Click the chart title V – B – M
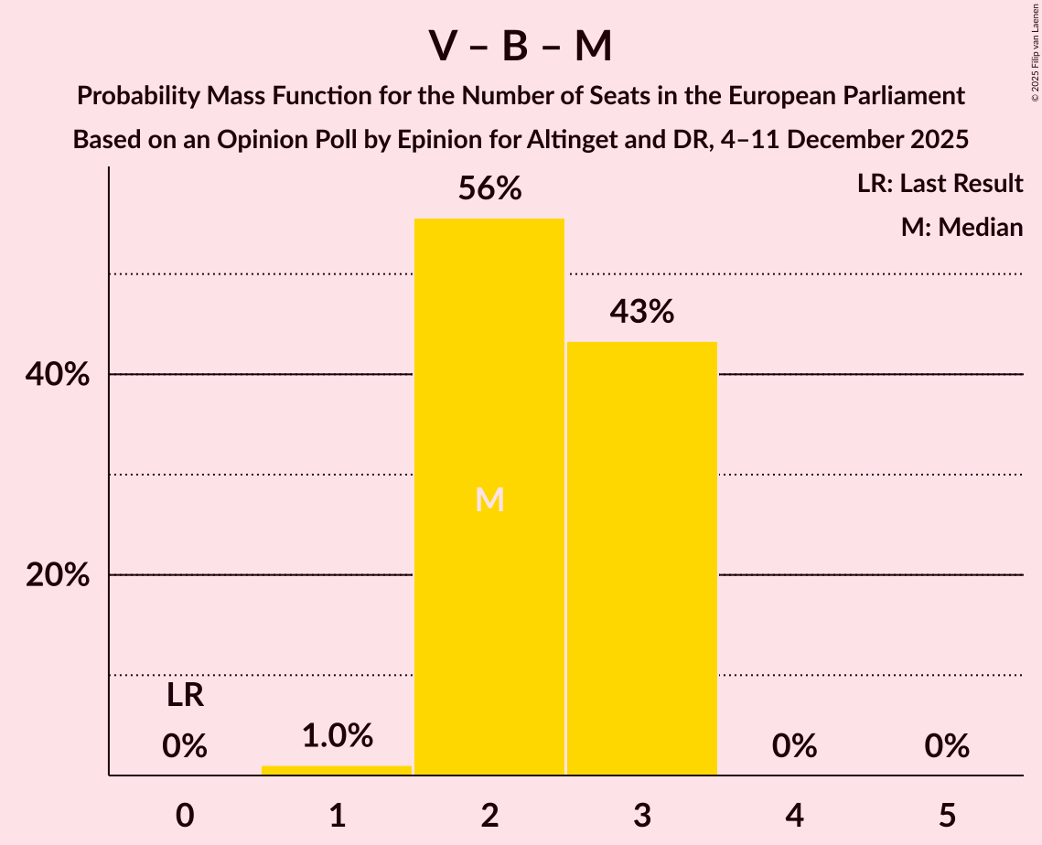pos(521,46)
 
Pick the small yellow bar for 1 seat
pos(337,770)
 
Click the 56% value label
pos(489,189)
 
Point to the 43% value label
pos(642,312)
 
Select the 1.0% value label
pos(337,735)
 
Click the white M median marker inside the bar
pos(490,499)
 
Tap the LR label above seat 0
pos(185,696)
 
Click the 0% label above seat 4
pos(794,746)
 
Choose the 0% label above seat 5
pos(947,746)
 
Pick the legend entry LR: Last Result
pos(940,184)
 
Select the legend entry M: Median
pos(961,227)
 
